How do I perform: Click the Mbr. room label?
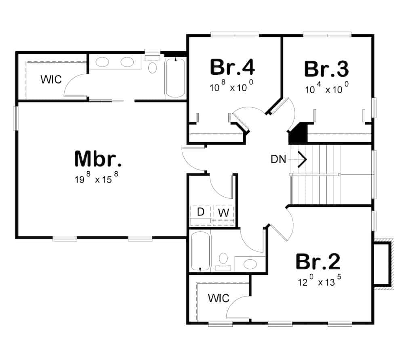(98, 159)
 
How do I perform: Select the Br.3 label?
(326, 69)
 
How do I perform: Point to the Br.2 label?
(318, 262)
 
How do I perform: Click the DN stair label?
(279, 160)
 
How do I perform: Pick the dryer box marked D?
(200, 212)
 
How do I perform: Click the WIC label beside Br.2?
(219, 299)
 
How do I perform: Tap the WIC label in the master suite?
(51, 79)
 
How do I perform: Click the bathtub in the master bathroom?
(175, 78)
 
